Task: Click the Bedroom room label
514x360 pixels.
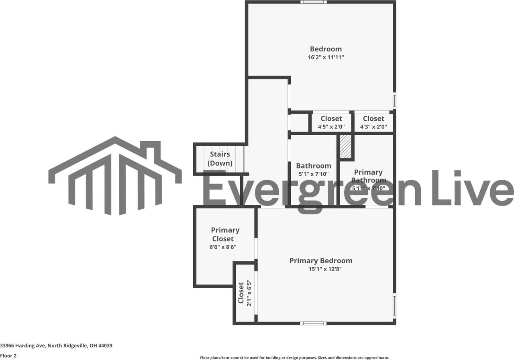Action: pyautogui.click(x=326, y=49)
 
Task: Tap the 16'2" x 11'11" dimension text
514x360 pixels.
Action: pyautogui.click(x=326, y=57)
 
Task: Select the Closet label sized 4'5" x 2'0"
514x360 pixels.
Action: pyautogui.click(x=331, y=119)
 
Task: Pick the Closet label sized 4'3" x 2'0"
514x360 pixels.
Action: pyautogui.click(x=373, y=119)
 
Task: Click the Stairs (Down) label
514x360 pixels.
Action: pyautogui.click(x=220, y=159)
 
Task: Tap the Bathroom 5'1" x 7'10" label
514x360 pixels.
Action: pyautogui.click(x=314, y=170)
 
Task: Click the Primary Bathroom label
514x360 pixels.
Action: pyautogui.click(x=368, y=176)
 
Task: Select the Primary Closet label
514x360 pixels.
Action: pyautogui.click(x=225, y=234)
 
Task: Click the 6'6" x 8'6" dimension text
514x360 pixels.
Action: pyautogui.click(x=223, y=247)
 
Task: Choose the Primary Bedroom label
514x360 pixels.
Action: pyautogui.click(x=321, y=261)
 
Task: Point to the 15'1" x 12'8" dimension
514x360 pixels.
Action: pyautogui.click(x=325, y=269)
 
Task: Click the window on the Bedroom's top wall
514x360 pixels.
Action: pyautogui.click(x=314, y=2)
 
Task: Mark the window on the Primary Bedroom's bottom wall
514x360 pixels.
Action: pyautogui.click(x=313, y=323)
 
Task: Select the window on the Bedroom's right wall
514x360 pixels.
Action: pyautogui.click(x=394, y=100)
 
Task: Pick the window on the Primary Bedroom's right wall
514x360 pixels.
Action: pyautogui.click(x=394, y=305)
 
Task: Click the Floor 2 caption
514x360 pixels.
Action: pyautogui.click(x=8, y=356)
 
